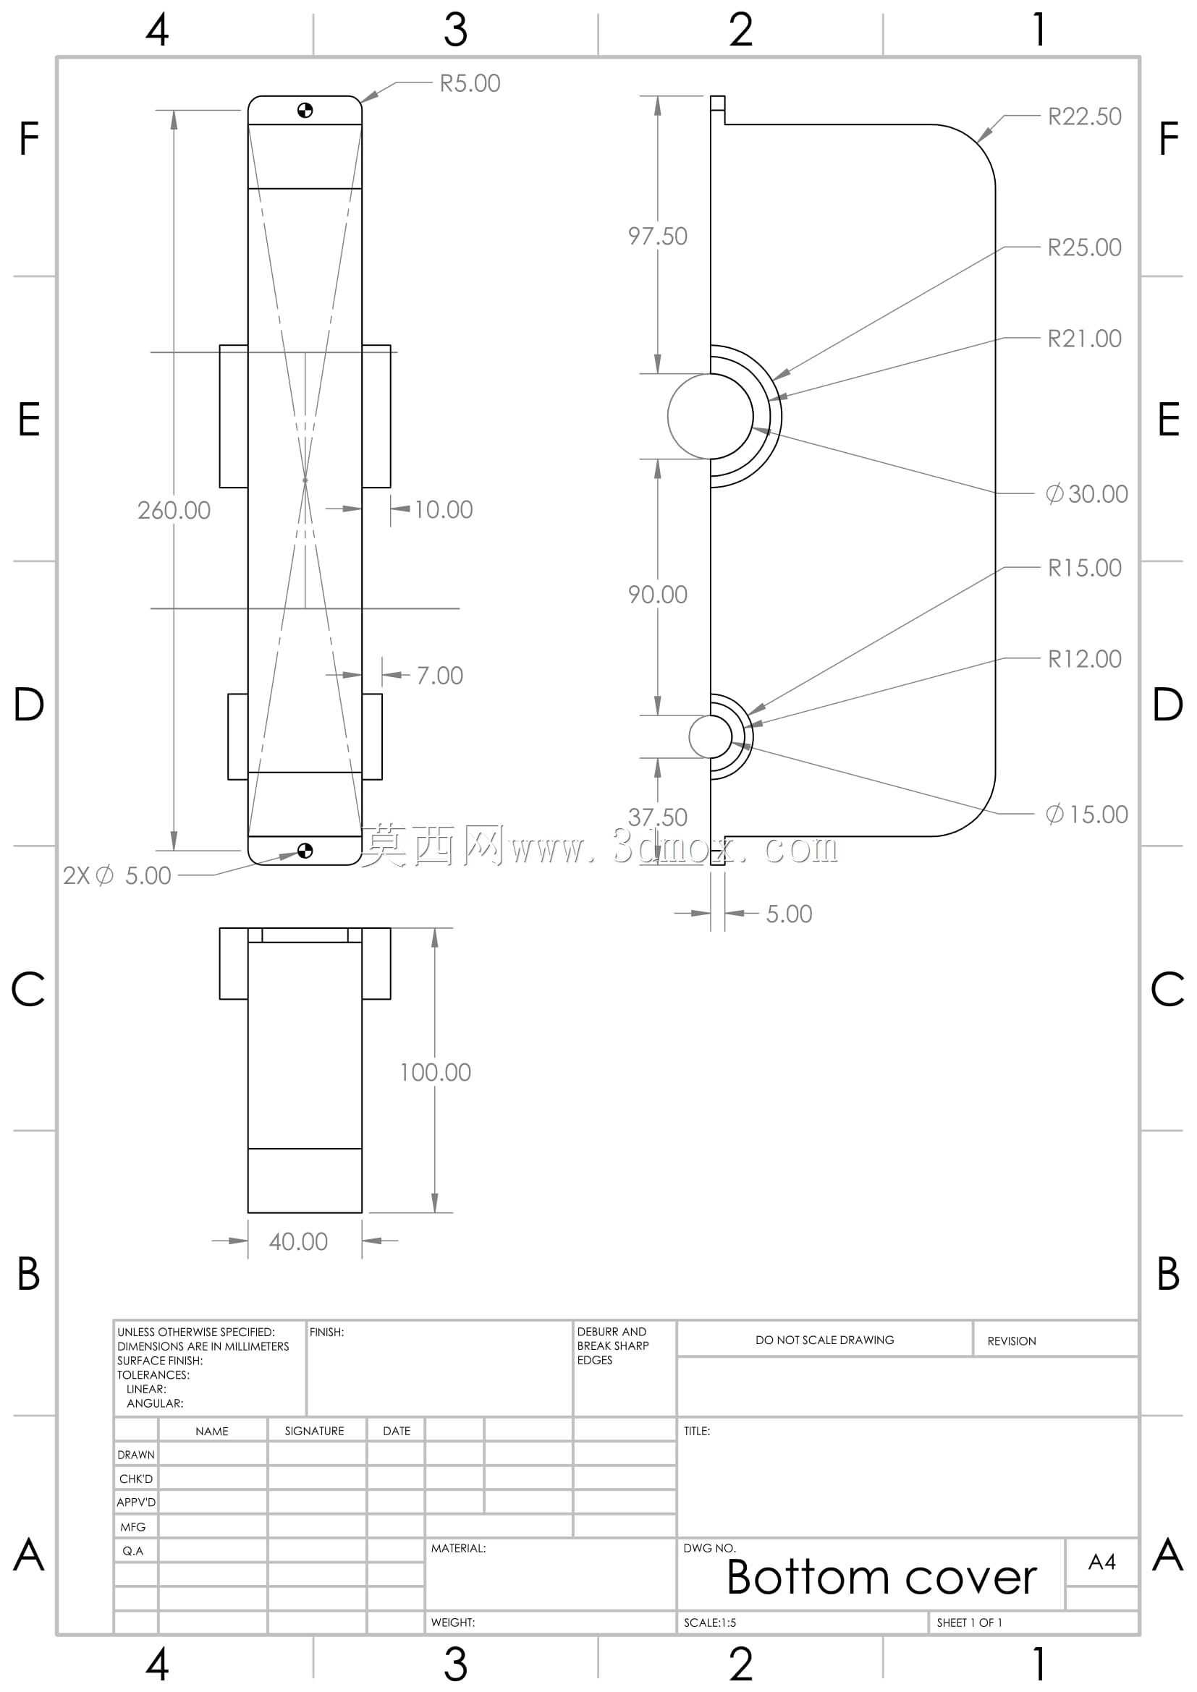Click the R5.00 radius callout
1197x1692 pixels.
pos(470,83)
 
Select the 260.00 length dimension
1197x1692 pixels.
pos(174,510)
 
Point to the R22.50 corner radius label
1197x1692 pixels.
pos(1084,116)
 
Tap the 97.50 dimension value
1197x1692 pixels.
pos(657,236)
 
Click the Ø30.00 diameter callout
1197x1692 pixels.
pos(1086,494)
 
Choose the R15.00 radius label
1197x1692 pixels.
pos(1084,567)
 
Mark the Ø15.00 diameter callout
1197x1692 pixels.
pos(1086,815)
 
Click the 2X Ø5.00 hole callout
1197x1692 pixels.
pos(117,875)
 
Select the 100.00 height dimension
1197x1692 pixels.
pos(435,1072)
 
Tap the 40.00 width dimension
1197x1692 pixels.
pos(297,1241)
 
